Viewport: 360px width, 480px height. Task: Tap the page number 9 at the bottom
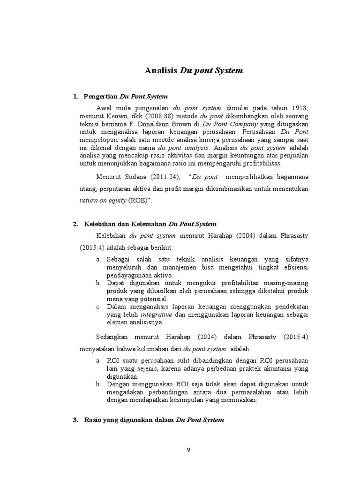click(x=188, y=450)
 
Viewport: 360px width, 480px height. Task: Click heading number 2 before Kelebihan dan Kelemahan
click(x=75, y=224)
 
